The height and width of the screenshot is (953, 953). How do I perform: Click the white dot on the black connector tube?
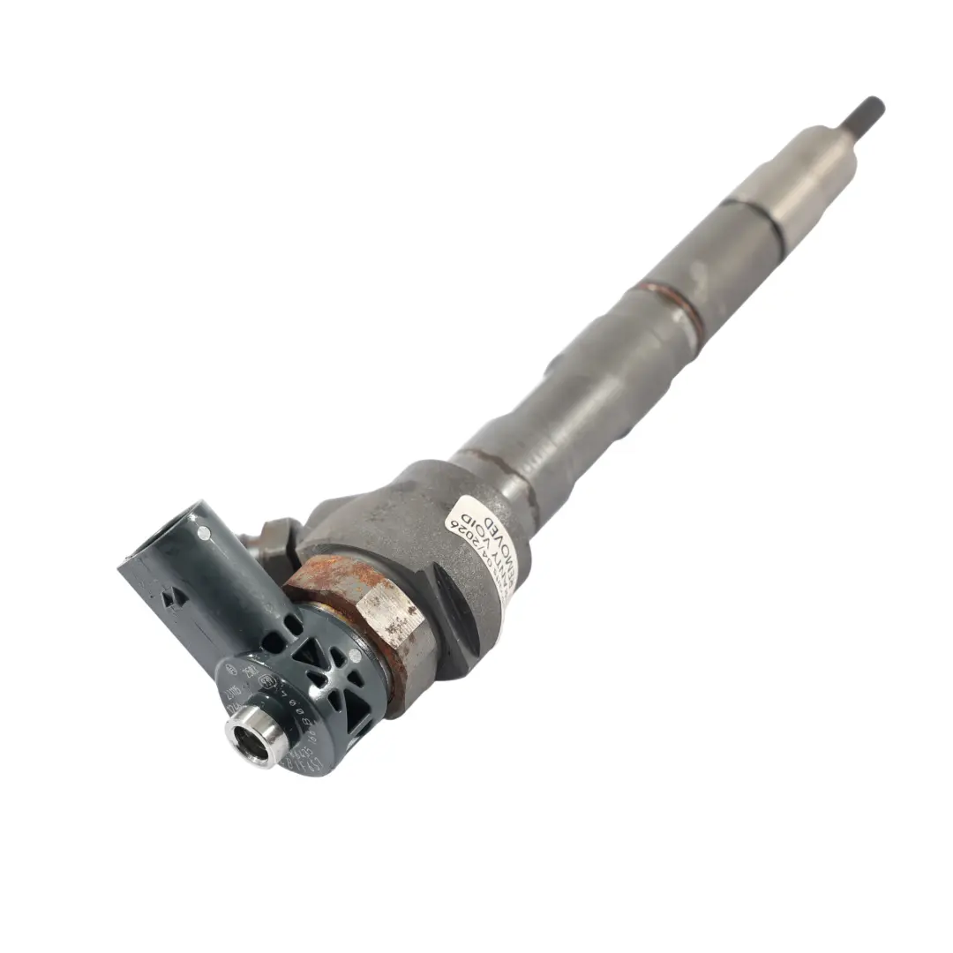tap(204, 532)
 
